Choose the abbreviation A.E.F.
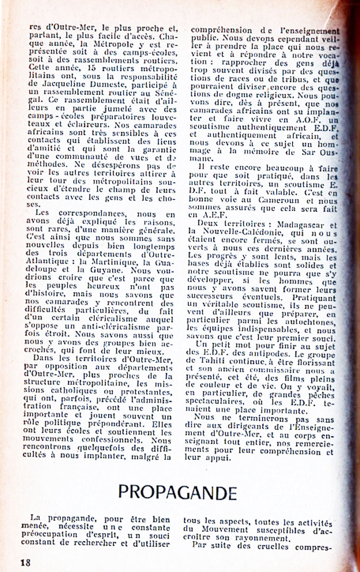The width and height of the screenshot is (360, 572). click(x=201, y=216)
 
